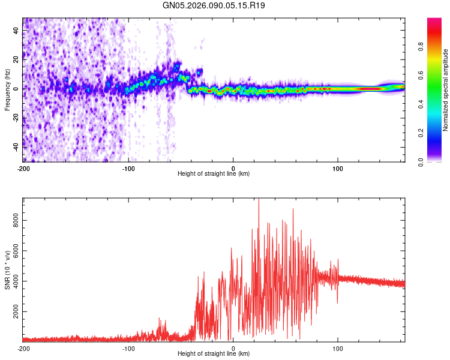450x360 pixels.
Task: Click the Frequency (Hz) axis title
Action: click(x=7, y=89)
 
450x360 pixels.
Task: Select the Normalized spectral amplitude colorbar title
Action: click(x=446, y=90)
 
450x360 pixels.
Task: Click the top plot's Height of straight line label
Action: click(x=214, y=173)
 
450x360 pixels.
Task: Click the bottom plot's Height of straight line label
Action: click(x=214, y=353)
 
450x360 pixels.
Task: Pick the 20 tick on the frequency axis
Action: click(x=17, y=59)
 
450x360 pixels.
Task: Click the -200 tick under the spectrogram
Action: click(x=23, y=167)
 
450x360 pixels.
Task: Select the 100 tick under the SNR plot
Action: click(x=338, y=347)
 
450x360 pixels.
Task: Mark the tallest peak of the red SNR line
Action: click(x=259, y=200)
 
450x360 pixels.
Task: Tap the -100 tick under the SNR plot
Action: click(x=128, y=347)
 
